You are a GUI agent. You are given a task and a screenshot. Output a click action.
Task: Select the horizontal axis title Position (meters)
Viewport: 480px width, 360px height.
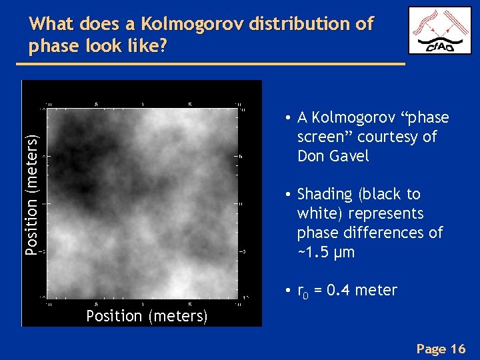coord(147,316)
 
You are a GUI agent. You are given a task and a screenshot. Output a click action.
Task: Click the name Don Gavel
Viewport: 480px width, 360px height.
coord(333,156)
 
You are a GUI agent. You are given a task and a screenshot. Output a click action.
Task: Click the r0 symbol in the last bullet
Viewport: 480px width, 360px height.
coord(302,291)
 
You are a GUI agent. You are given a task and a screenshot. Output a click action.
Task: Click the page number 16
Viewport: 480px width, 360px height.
coord(458,349)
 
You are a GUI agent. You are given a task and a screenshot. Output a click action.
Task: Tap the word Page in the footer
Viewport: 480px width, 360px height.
coord(431,349)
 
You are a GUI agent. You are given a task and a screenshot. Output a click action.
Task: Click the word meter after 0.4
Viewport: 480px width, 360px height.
coord(377,290)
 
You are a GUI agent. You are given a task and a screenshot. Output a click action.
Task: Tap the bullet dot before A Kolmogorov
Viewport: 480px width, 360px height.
coord(285,118)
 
